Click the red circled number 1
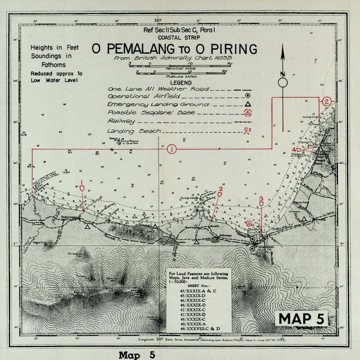(x=172, y=149)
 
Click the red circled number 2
(x=327, y=101)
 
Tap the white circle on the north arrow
(x=283, y=83)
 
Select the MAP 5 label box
(x=302, y=318)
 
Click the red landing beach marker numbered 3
(x=261, y=203)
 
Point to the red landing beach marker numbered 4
(x=297, y=150)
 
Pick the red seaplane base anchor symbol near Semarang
(x=248, y=223)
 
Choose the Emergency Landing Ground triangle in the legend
(x=248, y=104)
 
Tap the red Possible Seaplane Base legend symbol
(x=248, y=112)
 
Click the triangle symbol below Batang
(x=87, y=227)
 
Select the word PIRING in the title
(x=234, y=49)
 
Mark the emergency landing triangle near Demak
(x=304, y=218)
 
